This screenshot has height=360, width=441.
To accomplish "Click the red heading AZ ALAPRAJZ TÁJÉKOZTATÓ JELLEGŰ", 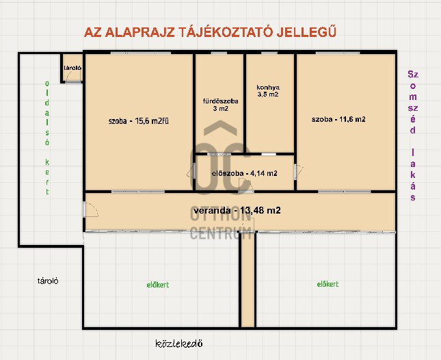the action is pos(210,32).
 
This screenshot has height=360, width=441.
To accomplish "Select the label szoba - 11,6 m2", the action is pos(338,119).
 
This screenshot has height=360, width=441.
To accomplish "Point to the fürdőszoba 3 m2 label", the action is pos(220,105).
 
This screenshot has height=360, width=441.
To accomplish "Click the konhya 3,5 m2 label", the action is pos(268,91).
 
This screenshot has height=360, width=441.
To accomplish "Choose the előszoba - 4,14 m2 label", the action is pos(244,173).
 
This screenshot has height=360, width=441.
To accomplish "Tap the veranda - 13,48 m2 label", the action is pos(237,210).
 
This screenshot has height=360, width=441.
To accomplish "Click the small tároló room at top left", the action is pos(72,68).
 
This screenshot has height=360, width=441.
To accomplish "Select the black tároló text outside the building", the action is pos(48,281).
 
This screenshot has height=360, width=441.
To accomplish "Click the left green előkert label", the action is pos(158,285).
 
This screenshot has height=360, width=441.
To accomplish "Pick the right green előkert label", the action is pos(328,284).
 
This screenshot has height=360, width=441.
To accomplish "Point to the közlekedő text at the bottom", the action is pos(179,344).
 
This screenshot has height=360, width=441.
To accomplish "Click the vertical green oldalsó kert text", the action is pos(47,138).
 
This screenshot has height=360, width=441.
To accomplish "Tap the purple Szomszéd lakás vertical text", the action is pos(412,136).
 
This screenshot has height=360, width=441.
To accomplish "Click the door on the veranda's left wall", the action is pos(90,209).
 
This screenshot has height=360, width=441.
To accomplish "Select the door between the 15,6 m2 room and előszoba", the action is pos(191,170).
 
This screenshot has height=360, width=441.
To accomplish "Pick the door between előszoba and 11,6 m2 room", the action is pos(298,172).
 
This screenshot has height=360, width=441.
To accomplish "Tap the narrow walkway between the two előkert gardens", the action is pos(248,280).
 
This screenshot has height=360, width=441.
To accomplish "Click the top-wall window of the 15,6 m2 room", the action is pos(141,53).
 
